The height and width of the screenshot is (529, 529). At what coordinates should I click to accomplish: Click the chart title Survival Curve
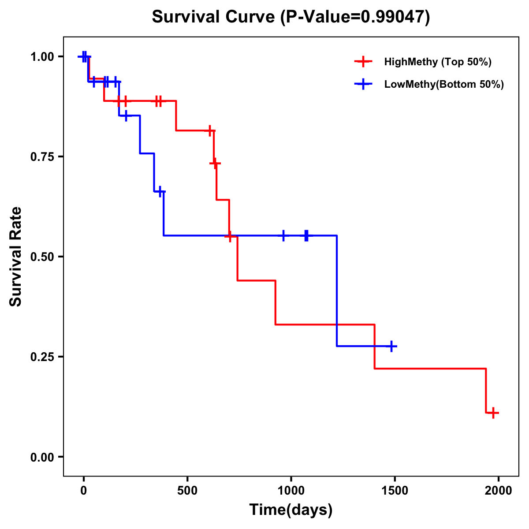tap(291, 17)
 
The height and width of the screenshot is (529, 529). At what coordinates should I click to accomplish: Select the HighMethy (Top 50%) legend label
tap(437, 62)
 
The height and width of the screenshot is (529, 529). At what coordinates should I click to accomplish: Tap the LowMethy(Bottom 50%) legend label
tap(443, 84)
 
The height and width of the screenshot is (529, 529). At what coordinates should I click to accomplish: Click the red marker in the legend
tap(363, 62)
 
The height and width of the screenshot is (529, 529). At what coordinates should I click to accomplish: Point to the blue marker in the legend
tap(363, 84)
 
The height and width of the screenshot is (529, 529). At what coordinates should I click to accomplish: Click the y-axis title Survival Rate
tap(16, 257)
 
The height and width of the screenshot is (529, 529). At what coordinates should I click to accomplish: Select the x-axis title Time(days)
tap(291, 510)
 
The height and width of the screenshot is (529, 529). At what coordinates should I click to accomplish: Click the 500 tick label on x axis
tap(187, 491)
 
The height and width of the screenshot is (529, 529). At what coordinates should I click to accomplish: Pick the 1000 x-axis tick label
tap(291, 491)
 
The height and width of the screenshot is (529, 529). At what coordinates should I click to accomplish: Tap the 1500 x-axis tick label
tap(395, 491)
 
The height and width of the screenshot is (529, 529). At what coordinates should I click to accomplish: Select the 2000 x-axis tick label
tap(499, 491)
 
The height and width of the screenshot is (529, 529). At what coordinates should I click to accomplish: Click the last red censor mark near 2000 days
tap(493, 413)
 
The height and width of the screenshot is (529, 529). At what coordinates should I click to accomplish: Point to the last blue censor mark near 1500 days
tap(391, 346)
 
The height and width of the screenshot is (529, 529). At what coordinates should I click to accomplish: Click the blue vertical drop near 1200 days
tap(337, 291)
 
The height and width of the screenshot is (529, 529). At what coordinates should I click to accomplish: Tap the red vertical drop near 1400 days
tap(375, 346)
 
